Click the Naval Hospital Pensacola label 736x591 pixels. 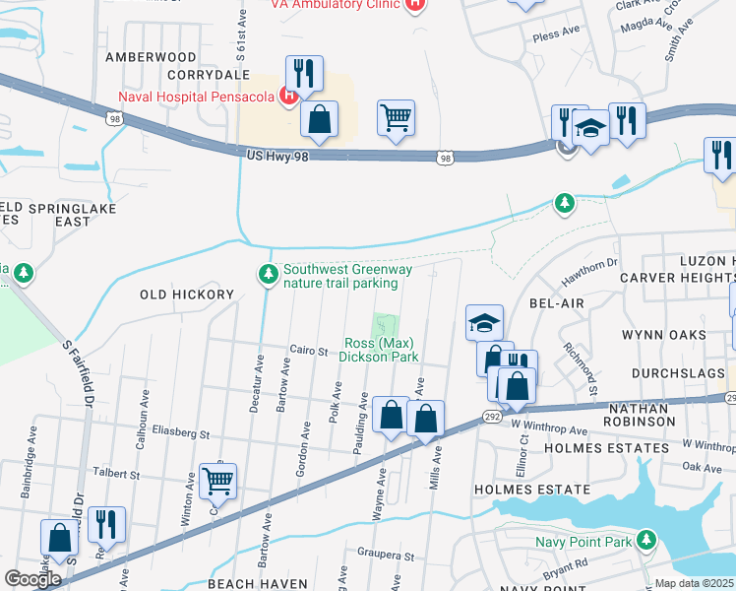coord(195,96)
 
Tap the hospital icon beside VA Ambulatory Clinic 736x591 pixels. coord(415,4)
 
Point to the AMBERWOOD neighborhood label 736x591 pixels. coord(151,57)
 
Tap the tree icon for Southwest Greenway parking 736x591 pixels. coord(266,273)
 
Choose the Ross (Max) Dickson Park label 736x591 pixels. coord(381,350)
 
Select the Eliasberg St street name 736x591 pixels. coord(182,432)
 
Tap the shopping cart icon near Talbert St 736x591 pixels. coord(218,481)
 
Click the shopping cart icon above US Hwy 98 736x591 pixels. coord(396,117)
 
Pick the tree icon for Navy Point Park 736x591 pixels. coord(645,540)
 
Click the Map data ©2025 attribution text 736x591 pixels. coord(694,583)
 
